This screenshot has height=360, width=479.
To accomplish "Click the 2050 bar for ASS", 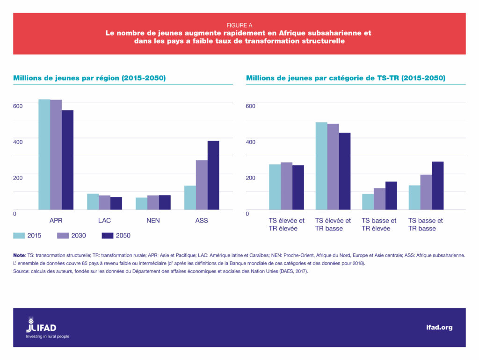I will pos(213,175).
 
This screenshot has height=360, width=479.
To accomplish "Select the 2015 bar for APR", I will pos(44,154).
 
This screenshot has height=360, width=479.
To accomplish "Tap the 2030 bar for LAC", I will pos(104,202).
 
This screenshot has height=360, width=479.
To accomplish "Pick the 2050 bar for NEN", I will pos(165,202).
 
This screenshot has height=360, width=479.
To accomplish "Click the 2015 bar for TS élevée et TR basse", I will pos(321,166).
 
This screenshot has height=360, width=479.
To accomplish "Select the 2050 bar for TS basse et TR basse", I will pos(437,186).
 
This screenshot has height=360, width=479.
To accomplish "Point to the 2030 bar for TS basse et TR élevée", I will pos(379,199).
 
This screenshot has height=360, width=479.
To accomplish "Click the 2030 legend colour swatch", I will pos(63,235).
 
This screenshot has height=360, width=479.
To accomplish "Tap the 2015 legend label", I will pos(34,236).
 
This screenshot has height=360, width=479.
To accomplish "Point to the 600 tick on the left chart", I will pos(18,106).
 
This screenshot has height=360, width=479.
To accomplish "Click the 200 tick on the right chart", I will pos(251,178).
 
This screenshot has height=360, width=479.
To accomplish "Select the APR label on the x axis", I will pos(56,220).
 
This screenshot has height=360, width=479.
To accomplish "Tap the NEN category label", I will pos(152,220).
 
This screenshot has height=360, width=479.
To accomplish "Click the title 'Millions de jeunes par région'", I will pos(89,78).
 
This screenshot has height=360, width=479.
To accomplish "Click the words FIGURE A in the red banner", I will pos(239,25).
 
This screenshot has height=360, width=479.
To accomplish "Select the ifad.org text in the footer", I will pos(439,327).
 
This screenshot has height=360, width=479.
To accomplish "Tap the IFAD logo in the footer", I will pos(42,326).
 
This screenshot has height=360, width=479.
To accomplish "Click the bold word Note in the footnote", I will pos(19,255).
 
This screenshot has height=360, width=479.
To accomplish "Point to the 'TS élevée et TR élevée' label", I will pos(286,224).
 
